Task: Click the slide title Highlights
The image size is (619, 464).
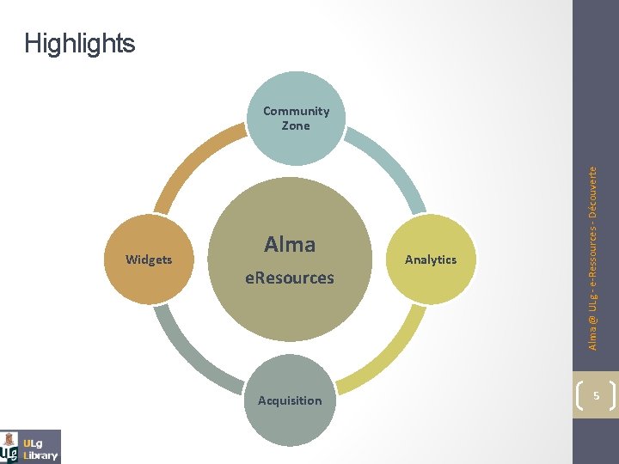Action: click(x=80, y=43)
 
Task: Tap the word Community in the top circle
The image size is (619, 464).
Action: click(x=296, y=111)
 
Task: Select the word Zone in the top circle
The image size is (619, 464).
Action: click(x=296, y=125)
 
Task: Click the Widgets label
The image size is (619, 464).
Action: click(x=149, y=259)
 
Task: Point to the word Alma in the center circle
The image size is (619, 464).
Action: click(x=290, y=245)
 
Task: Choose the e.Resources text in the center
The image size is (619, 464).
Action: click(x=290, y=278)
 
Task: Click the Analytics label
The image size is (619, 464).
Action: click(x=431, y=259)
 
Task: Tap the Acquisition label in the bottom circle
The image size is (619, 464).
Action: click(x=290, y=400)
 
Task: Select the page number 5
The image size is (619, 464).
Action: click(x=595, y=397)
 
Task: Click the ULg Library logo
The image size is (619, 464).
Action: click(x=31, y=447)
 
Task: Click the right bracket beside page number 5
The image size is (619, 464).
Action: click(x=612, y=396)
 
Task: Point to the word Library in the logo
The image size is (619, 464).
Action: click(x=41, y=455)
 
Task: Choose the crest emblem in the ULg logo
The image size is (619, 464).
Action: click(x=9, y=447)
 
